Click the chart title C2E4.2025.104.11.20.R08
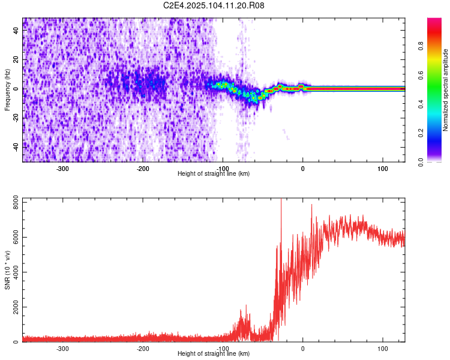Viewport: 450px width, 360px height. (x=214, y=5)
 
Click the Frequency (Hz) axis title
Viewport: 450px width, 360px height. (x=7, y=90)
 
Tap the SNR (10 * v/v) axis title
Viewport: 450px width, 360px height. (x=7, y=269)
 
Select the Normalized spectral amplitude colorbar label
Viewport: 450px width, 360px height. (x=446, y=90)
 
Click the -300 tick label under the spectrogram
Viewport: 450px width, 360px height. (x=63, y=169)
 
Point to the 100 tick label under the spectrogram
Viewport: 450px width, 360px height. (x=382, y=169)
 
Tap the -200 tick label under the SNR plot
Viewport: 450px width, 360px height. (x=143, y=349)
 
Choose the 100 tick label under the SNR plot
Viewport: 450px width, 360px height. (x=382, y=349)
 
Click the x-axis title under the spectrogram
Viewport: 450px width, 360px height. (x=214, y=174)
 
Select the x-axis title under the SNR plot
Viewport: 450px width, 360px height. (x=214, y=354)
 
